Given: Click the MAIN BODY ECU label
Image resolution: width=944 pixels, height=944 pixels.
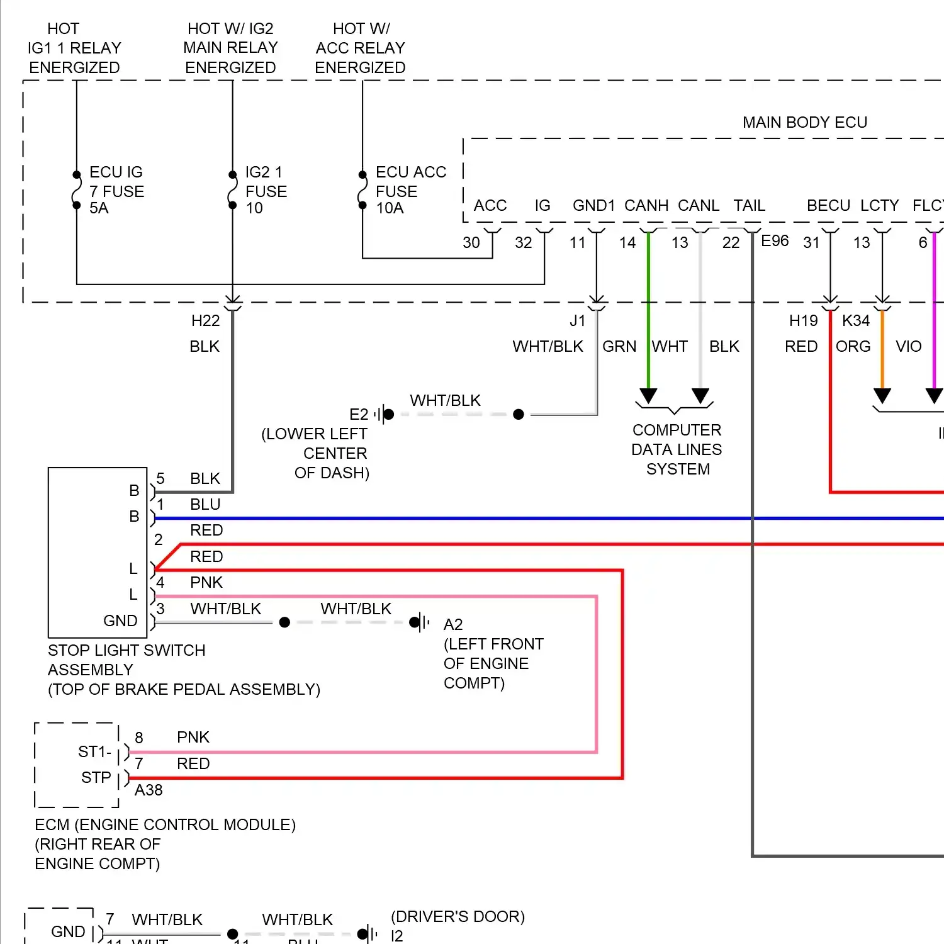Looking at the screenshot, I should [x=804, y=122].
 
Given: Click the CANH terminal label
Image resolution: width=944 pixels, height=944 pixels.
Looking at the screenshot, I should [x=646, y=206].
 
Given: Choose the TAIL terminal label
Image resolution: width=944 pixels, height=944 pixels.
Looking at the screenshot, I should [x=749, y=206].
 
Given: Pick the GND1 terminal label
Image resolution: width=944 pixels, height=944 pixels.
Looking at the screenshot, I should [x=593, y=206].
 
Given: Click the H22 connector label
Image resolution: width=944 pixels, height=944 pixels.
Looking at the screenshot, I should [x=205, y=321].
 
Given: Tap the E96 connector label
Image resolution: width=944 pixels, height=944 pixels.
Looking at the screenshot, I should [x=775, y=241].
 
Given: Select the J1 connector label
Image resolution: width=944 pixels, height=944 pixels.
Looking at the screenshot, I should [x=577, y=321].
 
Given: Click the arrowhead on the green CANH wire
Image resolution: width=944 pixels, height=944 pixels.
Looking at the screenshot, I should [x=648, y=396].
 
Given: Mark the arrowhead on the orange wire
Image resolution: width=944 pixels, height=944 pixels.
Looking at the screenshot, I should [x=882, y=396].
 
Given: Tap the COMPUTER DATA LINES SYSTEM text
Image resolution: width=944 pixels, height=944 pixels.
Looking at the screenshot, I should [x=677, y=449].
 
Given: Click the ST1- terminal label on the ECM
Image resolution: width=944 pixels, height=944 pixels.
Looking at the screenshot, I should [x=94, y=752].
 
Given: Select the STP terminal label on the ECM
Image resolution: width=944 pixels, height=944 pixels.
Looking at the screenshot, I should [x=96, y=778].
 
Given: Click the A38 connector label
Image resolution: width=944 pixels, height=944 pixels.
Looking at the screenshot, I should [x=149, y=790].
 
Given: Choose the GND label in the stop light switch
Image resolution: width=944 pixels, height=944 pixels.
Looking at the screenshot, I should [x=120, y=621].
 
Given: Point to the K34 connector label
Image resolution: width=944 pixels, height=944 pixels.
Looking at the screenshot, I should [x=856, y=321].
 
